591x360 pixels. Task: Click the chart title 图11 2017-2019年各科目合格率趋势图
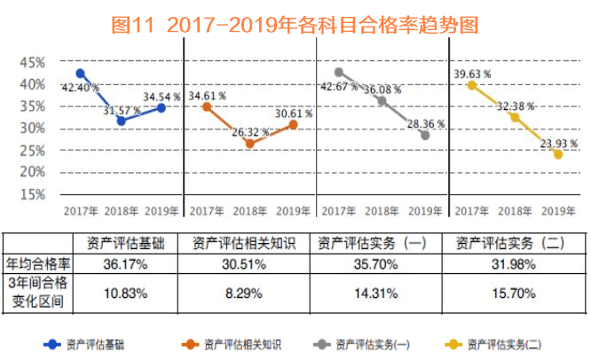(x=295, y=24)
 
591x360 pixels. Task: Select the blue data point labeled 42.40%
(x=81, y=74)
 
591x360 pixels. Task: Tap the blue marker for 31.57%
(x=121, y=120)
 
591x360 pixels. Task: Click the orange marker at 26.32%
(x=249, y=143)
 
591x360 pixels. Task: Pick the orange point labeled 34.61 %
(x=207, y=106)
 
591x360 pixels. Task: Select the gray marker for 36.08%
(x=382, y=101)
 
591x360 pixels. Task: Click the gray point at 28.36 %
(x=425, y=135)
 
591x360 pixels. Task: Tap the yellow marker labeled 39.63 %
(x=472, y=85)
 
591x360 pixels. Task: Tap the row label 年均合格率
(x=37, y=263)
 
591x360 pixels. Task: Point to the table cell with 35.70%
(x=376, y=263)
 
